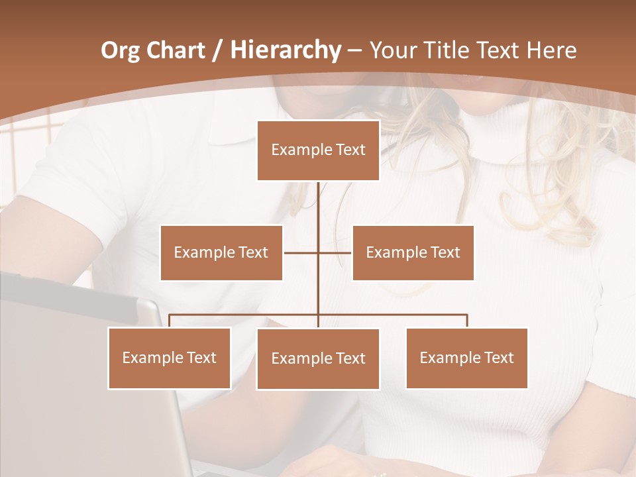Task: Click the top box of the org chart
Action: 318,150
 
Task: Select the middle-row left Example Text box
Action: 221,252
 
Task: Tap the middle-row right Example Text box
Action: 413,252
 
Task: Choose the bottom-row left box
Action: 169,358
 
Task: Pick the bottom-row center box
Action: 318,358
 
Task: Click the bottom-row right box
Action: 466,358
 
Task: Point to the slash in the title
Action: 217,51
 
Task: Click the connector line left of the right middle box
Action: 335,252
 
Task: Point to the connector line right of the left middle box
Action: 300,252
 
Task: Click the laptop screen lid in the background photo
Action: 79,371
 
